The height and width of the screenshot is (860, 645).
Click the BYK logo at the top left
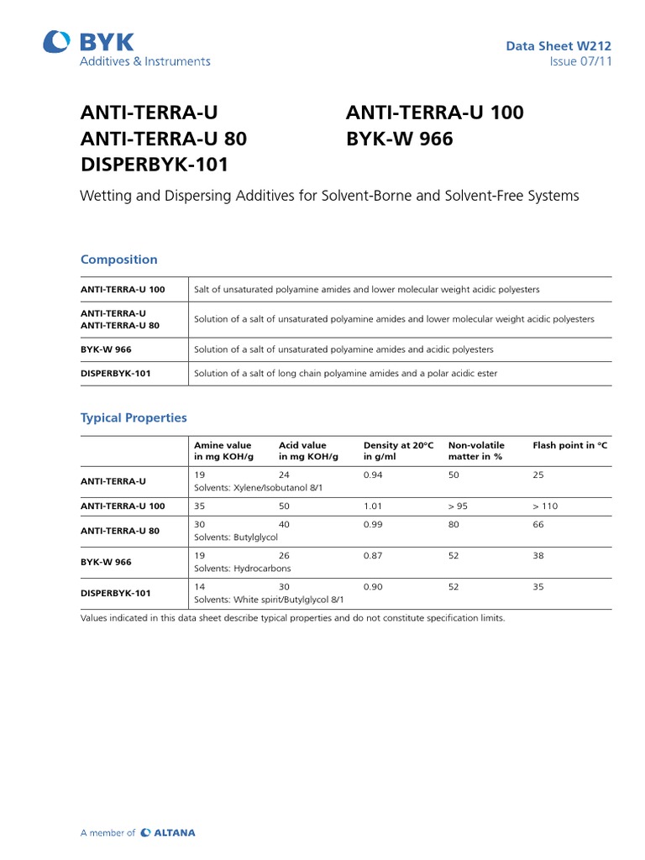click(x=88, y=42)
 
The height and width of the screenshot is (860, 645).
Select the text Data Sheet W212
click(x=558, y=46)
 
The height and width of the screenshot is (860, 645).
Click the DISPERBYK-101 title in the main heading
click(x=154, y=165)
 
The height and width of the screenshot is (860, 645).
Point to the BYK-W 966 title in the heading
click(x=399, y=139)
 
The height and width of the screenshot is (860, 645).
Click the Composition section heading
click(x=118, y=260)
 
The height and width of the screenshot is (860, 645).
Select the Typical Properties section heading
click(x=134, y=417)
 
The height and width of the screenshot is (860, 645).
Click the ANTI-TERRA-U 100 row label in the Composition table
click(x=123, y=290)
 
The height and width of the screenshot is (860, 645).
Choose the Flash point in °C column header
click(x=569, y=445)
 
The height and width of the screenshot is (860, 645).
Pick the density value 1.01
click(x=373, y=506)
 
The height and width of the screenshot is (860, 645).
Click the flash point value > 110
click(x=545, y=506)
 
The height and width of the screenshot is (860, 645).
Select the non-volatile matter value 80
click(x=454, y=524)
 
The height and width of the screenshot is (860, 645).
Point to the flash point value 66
click(x=538, y=524)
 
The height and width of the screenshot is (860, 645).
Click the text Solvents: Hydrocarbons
click(x=243, y=569)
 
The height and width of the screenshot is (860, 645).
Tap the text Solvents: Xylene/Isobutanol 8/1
click(x=258, y=487)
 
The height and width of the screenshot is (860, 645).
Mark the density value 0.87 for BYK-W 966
click(x=373, y=555)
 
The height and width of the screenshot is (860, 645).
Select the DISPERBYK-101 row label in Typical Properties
click(x=116, y=593)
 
